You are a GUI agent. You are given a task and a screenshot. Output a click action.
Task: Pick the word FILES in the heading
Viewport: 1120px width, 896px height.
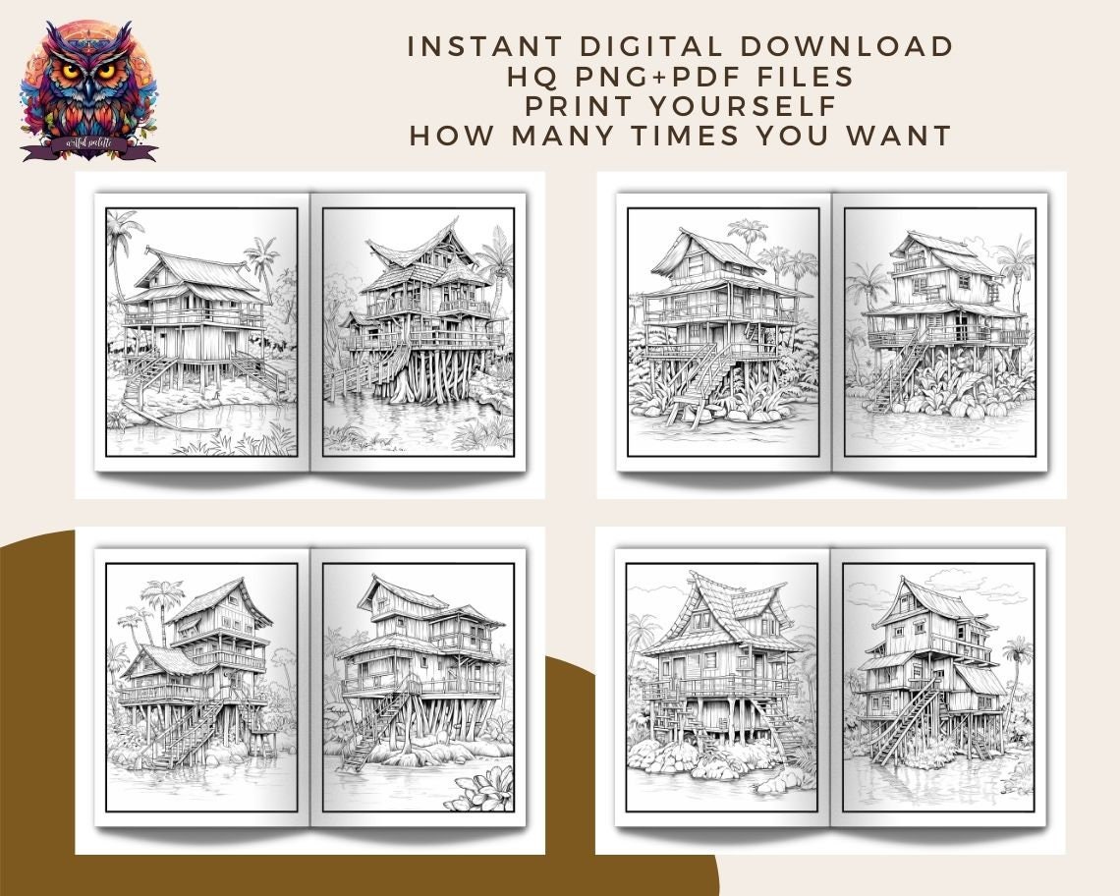click(799, 76)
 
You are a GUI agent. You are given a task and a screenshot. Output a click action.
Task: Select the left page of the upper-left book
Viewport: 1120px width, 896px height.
click(201, 331)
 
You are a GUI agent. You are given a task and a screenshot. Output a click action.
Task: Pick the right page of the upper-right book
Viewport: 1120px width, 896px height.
click(939, 331)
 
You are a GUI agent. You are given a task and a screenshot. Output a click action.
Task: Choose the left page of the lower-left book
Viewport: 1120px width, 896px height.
click(201, 688)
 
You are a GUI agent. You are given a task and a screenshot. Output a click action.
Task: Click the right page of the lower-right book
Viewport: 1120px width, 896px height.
click(938, 688)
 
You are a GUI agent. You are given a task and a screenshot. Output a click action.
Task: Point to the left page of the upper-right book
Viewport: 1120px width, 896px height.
click(723, 331)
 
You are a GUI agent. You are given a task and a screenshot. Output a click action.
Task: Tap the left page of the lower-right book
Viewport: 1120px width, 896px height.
click(722, 688)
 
